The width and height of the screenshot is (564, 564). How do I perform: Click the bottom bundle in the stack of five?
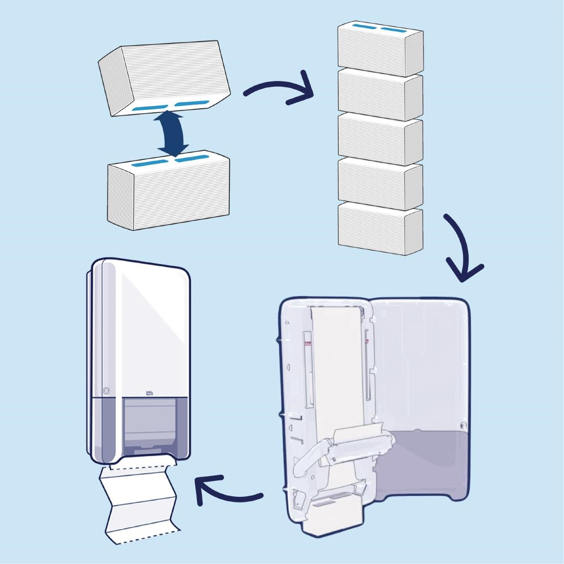pyautogui.click(x=379, y=228)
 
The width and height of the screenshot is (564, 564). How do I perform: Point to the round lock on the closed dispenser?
pyautogui.click(x=107, y=390)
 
